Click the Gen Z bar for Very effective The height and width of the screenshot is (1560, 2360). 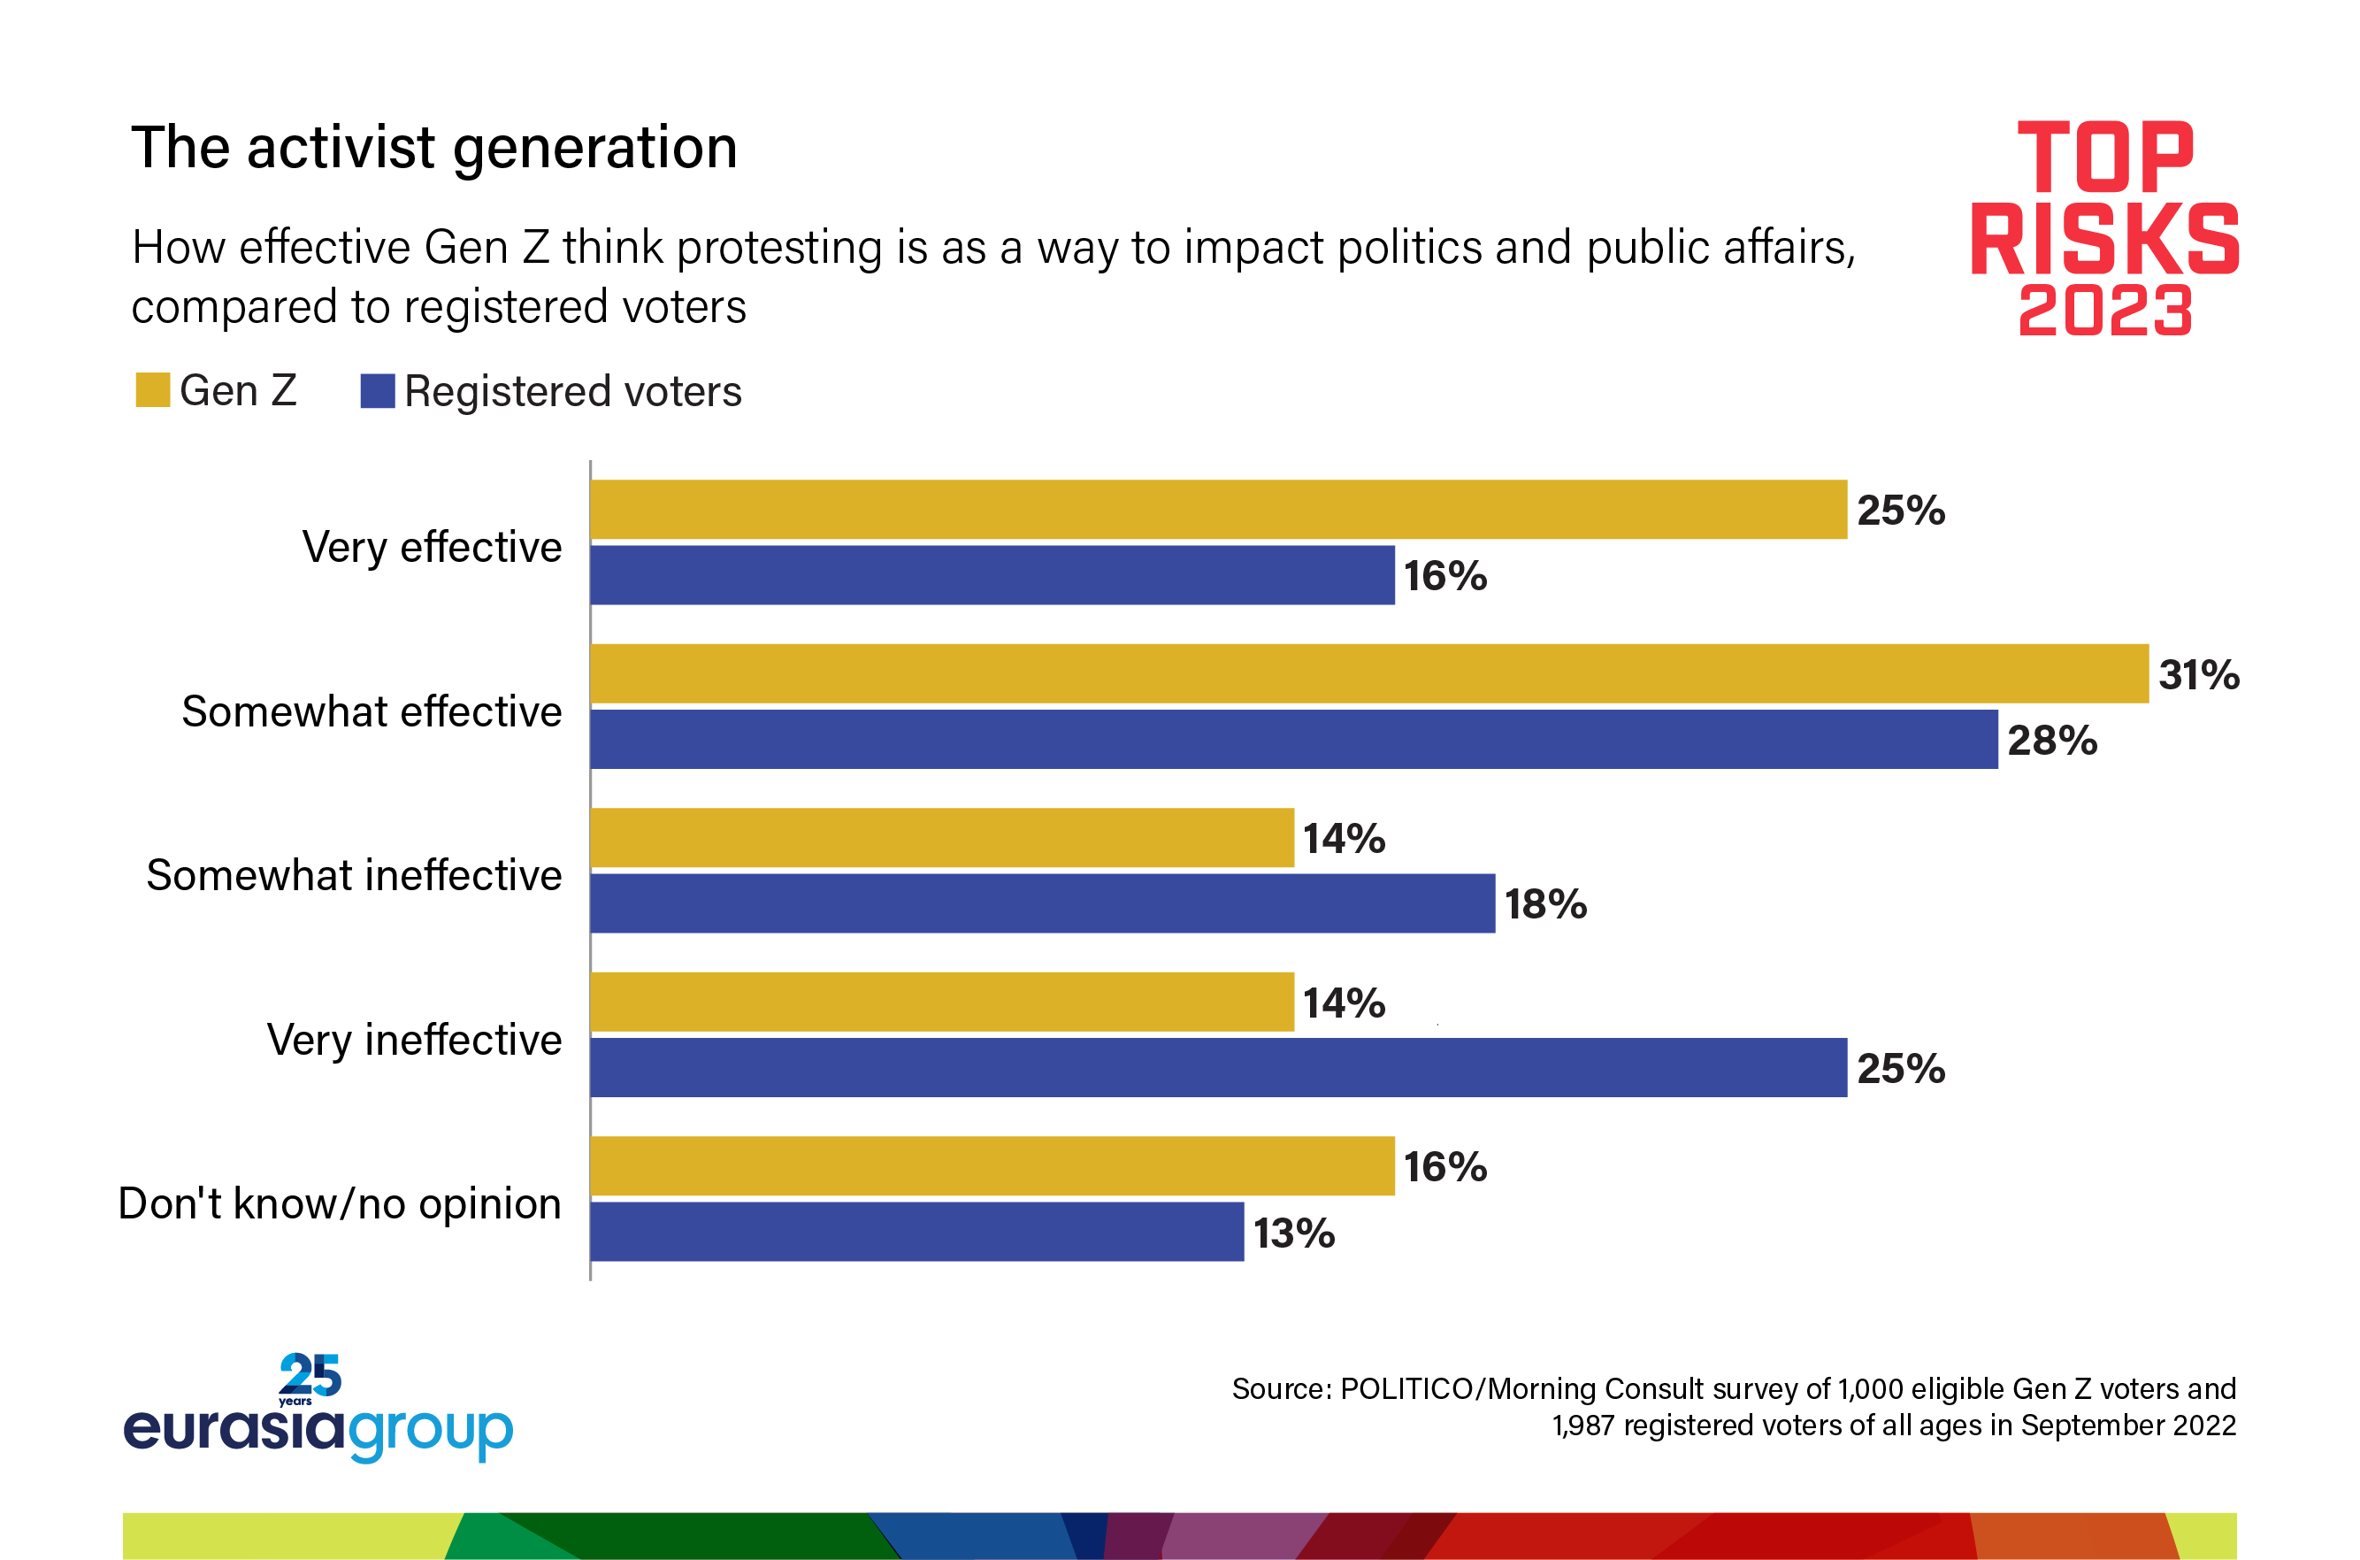point(1217,510)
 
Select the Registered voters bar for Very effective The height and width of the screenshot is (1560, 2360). point(992,575)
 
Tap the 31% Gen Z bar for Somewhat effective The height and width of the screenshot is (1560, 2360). point(1368,673)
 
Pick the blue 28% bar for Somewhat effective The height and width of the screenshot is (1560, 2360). point(1293,739)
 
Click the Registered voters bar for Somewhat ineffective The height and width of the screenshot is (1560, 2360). point(1042,903)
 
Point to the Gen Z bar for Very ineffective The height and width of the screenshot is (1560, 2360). point(941,1002)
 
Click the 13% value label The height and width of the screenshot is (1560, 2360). point(1293,1233)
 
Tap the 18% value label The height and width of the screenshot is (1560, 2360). point(1544,904)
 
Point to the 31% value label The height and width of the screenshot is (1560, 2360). point(2198,674)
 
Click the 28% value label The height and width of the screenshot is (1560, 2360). point(2051,741)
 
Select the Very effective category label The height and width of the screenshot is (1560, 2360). point(432,547)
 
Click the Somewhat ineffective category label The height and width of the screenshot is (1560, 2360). point(354,875)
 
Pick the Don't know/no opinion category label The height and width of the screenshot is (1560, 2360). point(339,1203)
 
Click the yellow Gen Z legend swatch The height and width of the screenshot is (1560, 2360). point(152,390)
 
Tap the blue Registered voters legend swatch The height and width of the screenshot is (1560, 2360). point(377,391)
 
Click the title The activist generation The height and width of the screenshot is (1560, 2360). point(433,149)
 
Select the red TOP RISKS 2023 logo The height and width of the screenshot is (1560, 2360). point(2104,227)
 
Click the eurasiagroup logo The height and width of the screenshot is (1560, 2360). point(318,1409)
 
